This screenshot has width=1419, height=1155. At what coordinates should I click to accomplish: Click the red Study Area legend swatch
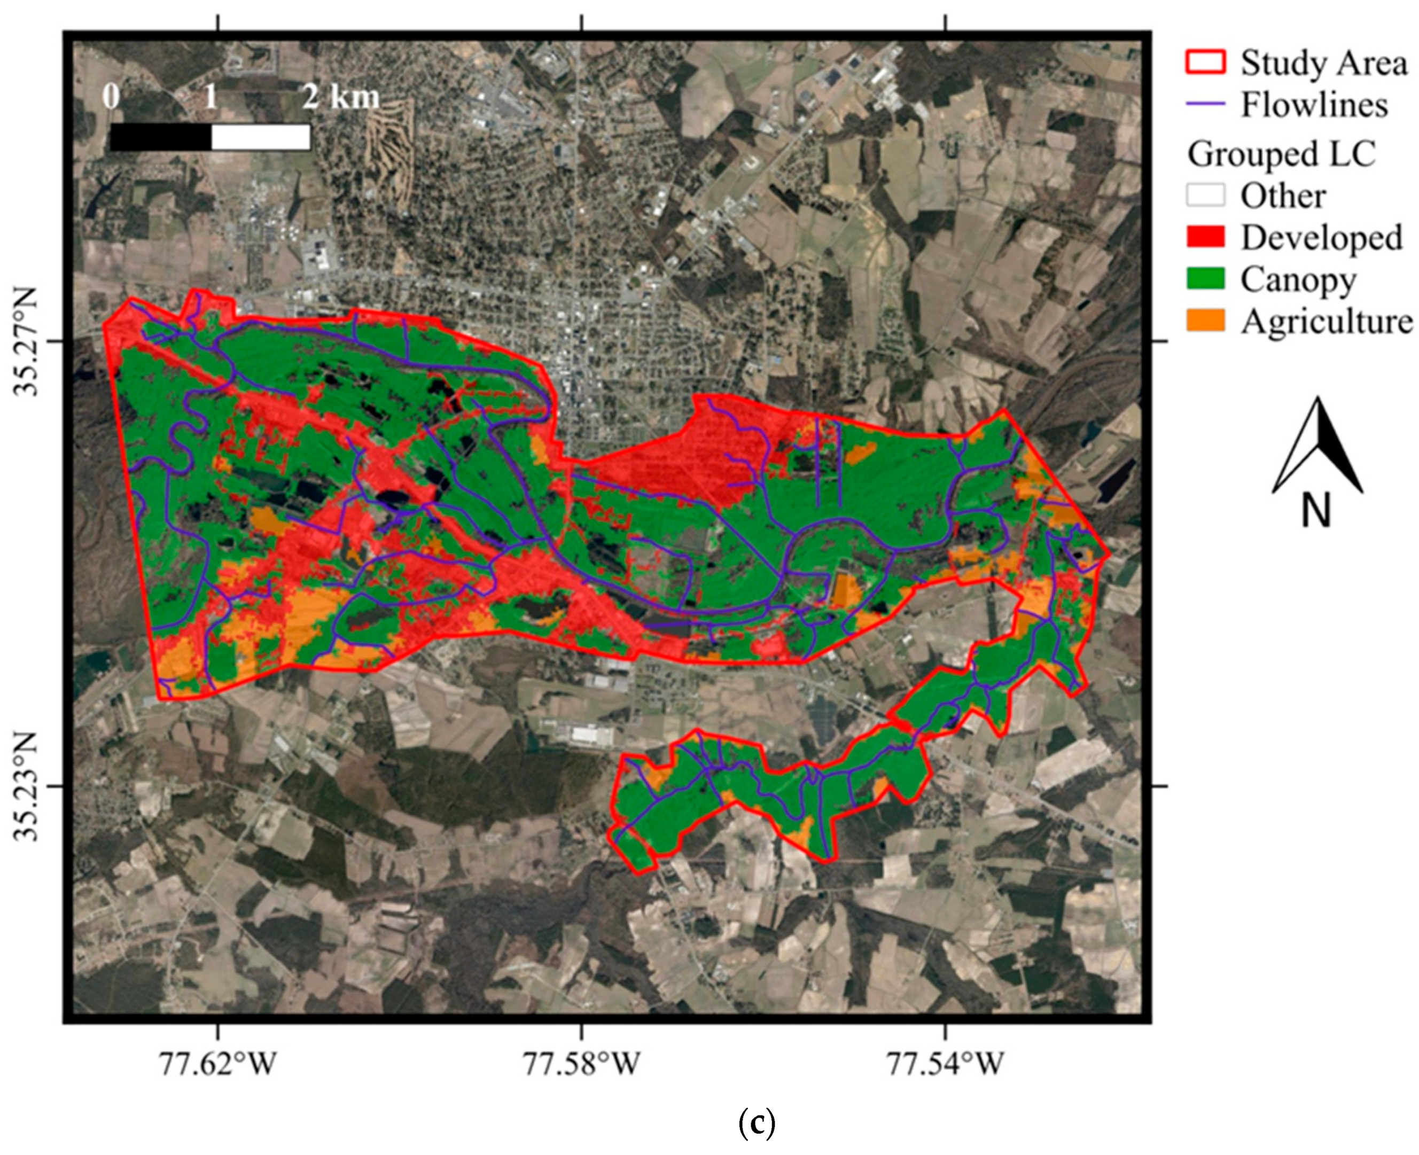click(x=1205, y=62)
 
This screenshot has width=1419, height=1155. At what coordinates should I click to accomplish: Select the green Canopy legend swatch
click(x=1205, y=279)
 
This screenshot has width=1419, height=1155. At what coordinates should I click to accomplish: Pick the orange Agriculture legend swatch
click(x=1205, y=321)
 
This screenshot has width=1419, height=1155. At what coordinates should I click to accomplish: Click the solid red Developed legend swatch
click(x=1205, y=237)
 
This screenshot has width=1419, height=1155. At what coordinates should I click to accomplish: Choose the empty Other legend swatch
click(x=1205, y=195)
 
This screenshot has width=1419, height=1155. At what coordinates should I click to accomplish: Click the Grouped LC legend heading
click(x=1281, y=154)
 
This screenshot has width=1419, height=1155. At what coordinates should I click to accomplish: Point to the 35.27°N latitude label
click(x=28, y=341)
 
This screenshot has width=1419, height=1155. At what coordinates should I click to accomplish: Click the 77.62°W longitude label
click(x=217, y=1064)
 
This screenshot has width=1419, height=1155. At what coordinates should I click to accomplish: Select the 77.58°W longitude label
click(x=581, y=1064)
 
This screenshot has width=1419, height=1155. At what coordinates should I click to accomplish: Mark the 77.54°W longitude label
click(x=945, y=1064)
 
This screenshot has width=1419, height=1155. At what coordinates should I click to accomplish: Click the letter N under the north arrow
click(x=1316, y=511)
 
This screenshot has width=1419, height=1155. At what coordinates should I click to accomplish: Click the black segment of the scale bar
click(x=160, y=137)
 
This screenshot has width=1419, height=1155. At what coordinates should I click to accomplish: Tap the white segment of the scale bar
click(x=261, y=137)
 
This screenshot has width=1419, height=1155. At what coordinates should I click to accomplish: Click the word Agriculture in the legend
click(x=1327, y=322)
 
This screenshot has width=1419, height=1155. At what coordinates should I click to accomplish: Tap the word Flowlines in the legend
click(x=1314, y=105)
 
